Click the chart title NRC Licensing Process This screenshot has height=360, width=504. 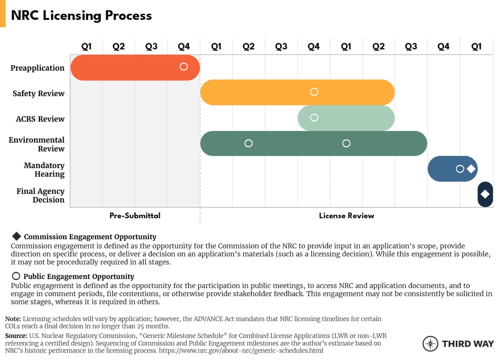pos(81,16)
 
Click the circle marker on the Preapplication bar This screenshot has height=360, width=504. pos(184,67)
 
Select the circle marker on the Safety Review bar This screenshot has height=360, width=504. pos(314,92)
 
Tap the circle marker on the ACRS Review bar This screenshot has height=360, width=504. pos(314,118)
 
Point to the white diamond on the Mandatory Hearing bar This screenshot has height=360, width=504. pos(471,169)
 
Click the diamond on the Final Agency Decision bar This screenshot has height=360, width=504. pos(485,194)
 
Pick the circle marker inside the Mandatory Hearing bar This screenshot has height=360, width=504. pos(460,169)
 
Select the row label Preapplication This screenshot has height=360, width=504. pos(38,68)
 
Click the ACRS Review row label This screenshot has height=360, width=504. pos(40,119)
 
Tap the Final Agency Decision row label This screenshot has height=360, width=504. pos(40,195)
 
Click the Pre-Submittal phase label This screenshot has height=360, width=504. pos(135,216)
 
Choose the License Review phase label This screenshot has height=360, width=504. pos(346,216)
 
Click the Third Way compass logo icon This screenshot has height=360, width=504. pos(430,344)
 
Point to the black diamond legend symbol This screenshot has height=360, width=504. pos(16,236)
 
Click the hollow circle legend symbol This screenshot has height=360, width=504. pos(16,276)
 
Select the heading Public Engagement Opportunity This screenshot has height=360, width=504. pos(79,277)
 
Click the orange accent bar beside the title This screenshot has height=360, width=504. pos(3,14)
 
